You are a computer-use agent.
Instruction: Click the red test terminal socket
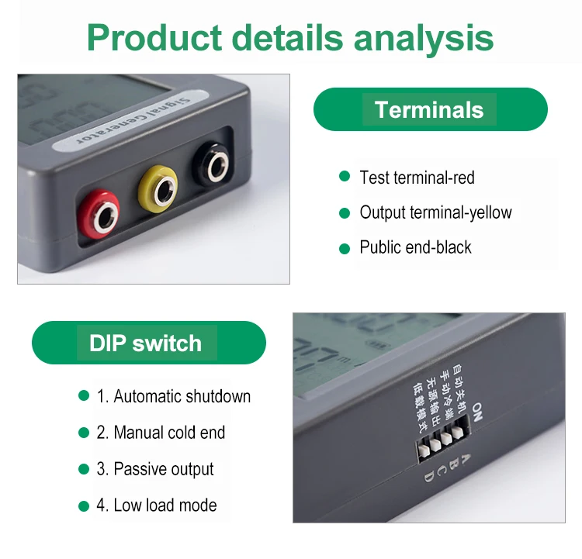(x=100, y=216)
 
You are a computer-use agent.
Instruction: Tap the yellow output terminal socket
(x=158, y=188)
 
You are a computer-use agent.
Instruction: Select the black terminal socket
(x=213, y=163)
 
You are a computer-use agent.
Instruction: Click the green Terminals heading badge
(x=430, y=109)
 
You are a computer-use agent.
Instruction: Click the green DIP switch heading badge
(x=147, y=343)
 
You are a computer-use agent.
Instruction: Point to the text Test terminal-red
(x=417, y=178)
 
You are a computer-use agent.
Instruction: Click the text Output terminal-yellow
(x=435, y=212)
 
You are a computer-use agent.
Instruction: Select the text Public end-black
(x=415, y=247)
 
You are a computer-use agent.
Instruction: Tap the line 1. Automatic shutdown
(x=173, y=396)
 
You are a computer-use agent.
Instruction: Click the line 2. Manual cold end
(x=161, y=433)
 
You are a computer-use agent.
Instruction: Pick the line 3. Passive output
(x=154, y=469)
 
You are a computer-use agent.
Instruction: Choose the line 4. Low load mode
(x=156, y=506)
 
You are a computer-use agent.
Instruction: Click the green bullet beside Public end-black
(x=345, y=248)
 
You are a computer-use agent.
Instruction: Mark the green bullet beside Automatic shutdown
(x=84, y=396)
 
